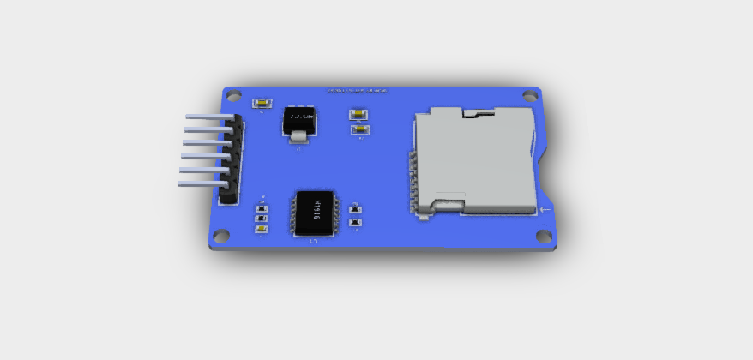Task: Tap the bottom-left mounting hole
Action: (x=221, y=235)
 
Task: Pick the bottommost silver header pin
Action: (x=202, y=183)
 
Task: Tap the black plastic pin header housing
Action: (x=231, y=162)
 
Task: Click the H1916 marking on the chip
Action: (x=316, y=211)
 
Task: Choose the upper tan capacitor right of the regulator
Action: (x=358, y=113)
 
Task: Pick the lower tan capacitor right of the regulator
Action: (x=360, y=129)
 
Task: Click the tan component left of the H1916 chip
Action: (x=262, y=229)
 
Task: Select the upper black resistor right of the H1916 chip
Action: (x=356, y=208)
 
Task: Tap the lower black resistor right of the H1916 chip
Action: (x=356, y=225)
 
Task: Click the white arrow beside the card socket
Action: (x=546, y=208)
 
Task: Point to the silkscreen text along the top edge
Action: (x=357, y=89)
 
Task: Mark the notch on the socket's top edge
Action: (x=478, y=111)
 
